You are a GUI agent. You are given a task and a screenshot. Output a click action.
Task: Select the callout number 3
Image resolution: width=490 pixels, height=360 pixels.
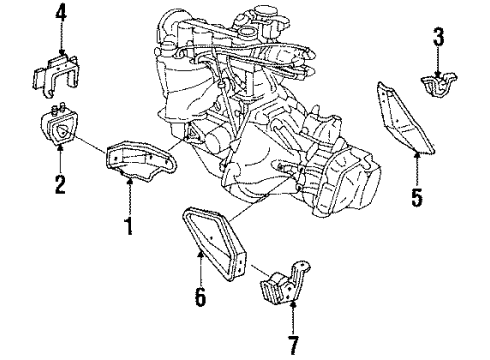click(437, 39)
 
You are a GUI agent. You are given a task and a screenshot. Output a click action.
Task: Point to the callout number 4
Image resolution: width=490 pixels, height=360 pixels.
click(61, 13)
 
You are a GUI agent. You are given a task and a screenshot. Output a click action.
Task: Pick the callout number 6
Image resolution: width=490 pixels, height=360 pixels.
click(200, 298)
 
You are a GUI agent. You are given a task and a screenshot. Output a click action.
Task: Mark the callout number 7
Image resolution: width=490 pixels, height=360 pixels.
click(292, 347)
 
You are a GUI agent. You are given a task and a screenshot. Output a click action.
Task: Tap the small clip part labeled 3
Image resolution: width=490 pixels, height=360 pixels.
click(436, 89)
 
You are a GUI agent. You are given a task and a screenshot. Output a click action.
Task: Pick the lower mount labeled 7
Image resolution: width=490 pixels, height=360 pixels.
click(284, 293)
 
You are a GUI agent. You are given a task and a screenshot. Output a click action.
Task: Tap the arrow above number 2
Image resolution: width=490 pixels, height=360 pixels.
click(60, 158)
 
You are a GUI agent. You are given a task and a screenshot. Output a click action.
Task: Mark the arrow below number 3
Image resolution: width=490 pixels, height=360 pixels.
click(437, 62)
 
